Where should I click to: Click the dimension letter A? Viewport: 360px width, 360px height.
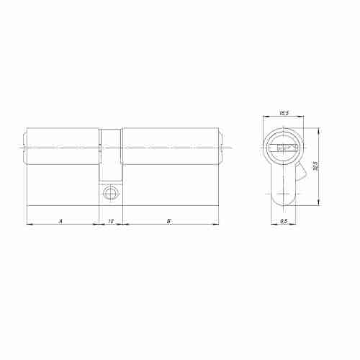(x=60, y=221)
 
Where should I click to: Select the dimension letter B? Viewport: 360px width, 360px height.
(x=168, y=221)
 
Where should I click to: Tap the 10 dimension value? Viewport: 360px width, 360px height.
(x=110, y=221)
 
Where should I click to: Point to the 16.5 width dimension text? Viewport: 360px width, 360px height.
(x=283, y=113)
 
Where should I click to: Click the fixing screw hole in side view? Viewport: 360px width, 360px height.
(x=109, y=193)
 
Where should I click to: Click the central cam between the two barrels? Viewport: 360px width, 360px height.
(x=110, y=155)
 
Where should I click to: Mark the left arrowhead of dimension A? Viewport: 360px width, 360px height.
(x=28, y=225)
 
